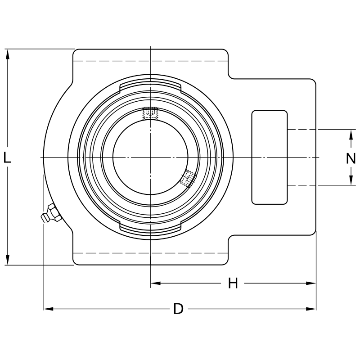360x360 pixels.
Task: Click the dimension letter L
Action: click(7, 157)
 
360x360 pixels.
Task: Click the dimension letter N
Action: click(351, 158)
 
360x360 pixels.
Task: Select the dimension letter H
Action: click(233, 283)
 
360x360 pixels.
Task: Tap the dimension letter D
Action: click(179, 309)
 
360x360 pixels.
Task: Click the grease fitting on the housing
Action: click(50, 213)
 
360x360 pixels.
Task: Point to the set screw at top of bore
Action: click(150, 114)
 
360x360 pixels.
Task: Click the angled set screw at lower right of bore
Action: click(188, 179)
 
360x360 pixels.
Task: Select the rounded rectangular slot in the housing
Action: click(269, 157)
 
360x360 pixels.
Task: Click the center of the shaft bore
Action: click(150, 157)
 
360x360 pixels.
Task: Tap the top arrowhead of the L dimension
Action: click(8, 53)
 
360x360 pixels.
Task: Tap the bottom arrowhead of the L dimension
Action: click(8, 261)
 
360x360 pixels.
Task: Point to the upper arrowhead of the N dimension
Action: click(351, 134)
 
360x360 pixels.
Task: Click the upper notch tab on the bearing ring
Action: click(150, 87)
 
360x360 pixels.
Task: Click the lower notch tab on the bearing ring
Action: click(150, 227)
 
